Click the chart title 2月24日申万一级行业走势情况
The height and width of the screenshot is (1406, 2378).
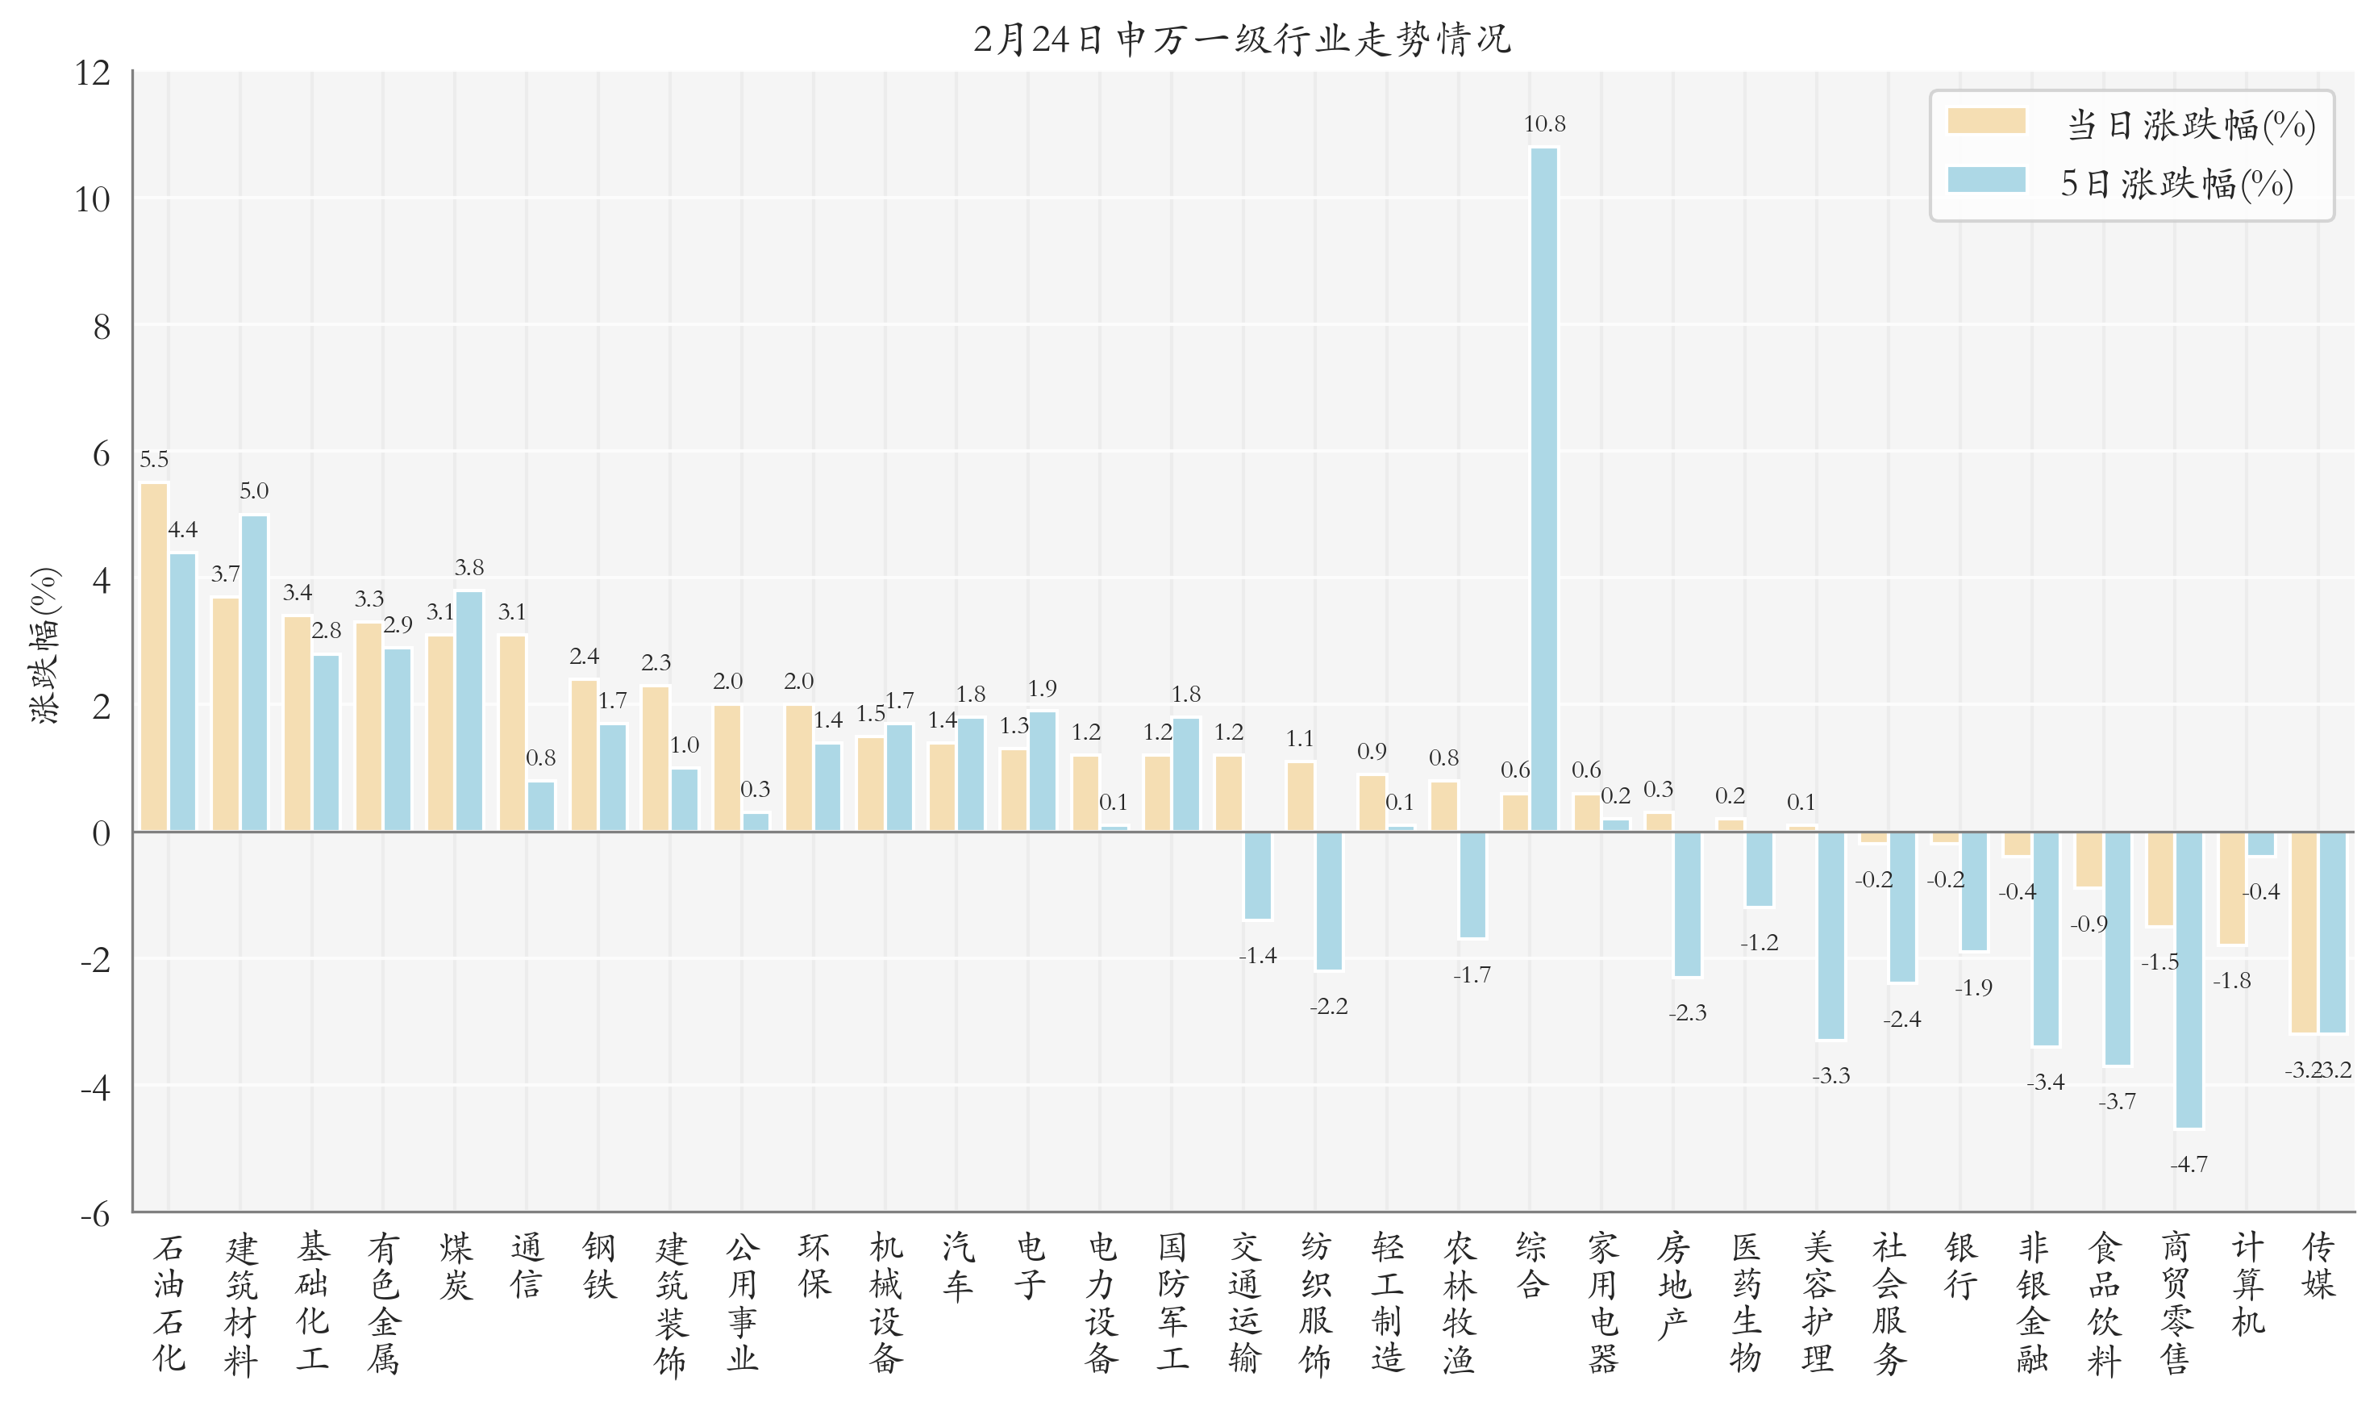pos(1242,39)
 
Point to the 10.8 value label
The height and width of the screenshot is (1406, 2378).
pos(1543,124)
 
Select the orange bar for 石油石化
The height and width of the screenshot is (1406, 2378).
pos(154,657)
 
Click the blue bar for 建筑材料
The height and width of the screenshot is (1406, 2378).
pos(254,673)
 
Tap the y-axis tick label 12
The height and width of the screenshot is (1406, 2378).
pos(93,73)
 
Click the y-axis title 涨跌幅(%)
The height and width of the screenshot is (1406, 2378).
pos(44,645)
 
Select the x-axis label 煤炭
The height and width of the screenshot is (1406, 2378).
pos(456,1266)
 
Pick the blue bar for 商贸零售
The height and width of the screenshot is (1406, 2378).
pos(2189,979)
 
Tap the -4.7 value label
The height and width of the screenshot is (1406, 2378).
pos(2189,1164)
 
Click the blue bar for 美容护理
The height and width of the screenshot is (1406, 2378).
pos(1830,935)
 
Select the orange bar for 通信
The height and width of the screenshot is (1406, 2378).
pos(512,733)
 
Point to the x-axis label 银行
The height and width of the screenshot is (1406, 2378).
pos(1960,1266)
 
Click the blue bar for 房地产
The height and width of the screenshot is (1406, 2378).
pos(1687,903)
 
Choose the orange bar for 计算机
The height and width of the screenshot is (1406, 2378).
pos(2232,888)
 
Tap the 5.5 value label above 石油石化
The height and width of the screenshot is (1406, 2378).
pos(154,460)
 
